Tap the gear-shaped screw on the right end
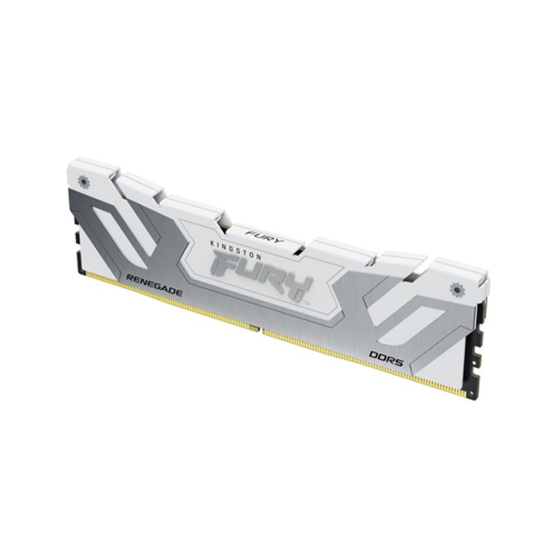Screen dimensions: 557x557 pos(457,288)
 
